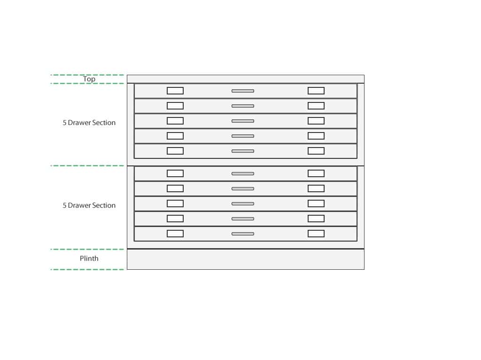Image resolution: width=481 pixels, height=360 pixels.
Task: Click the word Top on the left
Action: coord(89,79)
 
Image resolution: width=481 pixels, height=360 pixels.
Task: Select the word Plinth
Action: coord(89,258)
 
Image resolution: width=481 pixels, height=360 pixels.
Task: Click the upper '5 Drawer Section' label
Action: coord(89,123)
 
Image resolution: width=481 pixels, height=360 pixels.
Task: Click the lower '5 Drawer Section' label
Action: coord(89,205)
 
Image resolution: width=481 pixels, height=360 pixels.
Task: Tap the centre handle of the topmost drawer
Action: coord(243,91)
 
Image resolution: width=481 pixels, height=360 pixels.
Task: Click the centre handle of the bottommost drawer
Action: coord(243,234)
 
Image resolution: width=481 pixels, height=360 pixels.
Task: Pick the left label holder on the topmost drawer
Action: coord(175,91)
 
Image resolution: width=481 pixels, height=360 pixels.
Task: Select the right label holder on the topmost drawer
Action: coord(316,91)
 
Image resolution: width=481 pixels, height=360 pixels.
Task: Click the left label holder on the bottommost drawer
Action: coord(175,234)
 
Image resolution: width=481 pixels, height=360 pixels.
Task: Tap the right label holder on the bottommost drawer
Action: coord(316,234)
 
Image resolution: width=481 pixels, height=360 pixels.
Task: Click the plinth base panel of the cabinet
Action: coord(245,259)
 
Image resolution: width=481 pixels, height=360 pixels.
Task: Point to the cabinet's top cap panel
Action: coord(245,79)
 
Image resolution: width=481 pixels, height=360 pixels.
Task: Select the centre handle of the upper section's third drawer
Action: coord(243,121)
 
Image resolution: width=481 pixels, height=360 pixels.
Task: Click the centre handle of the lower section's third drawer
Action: coord(243,203)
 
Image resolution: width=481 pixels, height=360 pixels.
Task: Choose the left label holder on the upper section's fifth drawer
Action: coord(175,151)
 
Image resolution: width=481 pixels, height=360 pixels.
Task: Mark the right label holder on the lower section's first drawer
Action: coord(316,173)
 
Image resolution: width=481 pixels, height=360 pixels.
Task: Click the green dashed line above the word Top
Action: coord(87,75)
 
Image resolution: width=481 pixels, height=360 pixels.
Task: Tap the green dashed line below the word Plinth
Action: coord(87,269)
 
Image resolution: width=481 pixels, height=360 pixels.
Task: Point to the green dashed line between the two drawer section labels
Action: coord(87,165)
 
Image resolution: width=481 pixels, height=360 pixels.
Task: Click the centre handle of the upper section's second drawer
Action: coord(243,106)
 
